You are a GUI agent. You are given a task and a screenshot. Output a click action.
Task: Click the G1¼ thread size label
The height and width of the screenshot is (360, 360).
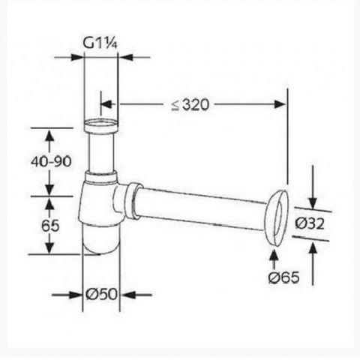[100, 43]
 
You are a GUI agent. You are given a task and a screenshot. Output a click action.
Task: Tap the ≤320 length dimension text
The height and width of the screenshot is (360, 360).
[190, 105]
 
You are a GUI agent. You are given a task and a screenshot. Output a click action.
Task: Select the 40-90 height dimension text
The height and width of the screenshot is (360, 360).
[51, 161]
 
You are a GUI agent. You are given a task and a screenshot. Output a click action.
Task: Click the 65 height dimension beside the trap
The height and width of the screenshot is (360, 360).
[50, 226]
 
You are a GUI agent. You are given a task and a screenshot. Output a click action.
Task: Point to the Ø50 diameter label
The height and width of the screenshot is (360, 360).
[101, 294]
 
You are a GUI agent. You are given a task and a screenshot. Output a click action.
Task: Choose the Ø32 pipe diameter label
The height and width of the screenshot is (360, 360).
[310, 223]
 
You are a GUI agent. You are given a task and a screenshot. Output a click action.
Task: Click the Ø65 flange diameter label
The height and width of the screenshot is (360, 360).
[283, 277]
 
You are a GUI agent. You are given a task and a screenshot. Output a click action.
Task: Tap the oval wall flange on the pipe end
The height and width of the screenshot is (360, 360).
[277, 218]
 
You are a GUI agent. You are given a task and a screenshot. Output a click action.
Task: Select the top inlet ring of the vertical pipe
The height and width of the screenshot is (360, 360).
[100, 126]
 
